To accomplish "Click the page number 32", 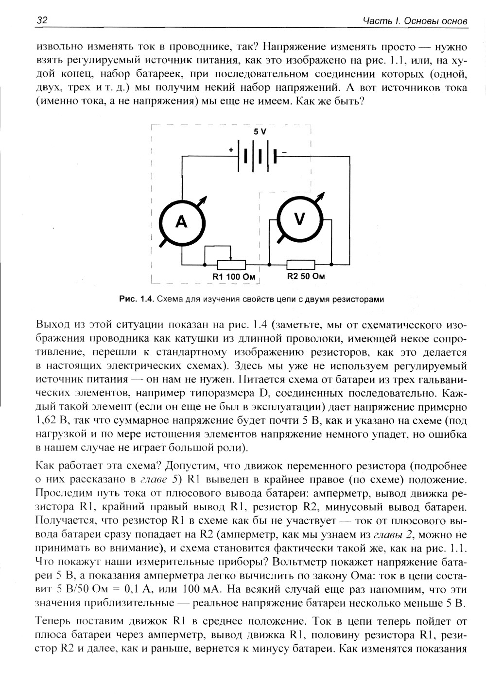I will pyautogui.click(x=41, y=21).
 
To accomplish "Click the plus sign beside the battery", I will pyautogui.click(x=231, y=151).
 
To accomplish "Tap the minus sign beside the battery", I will pyautogui.click(x=285, y=152).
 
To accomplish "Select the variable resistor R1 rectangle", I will pyautogui.click(x=232, y=265).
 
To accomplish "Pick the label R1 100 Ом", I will pyautogui.click(x=234, y=277).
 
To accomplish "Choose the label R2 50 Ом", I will pyautogui.click(x=305, y=276).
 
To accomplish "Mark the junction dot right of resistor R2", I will pyautogui.click(x=331, y=265).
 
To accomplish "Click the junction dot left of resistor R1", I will pyautogui.click(x=205, y=265).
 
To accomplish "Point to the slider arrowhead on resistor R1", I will pyautogui.click(x=232, y=259).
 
